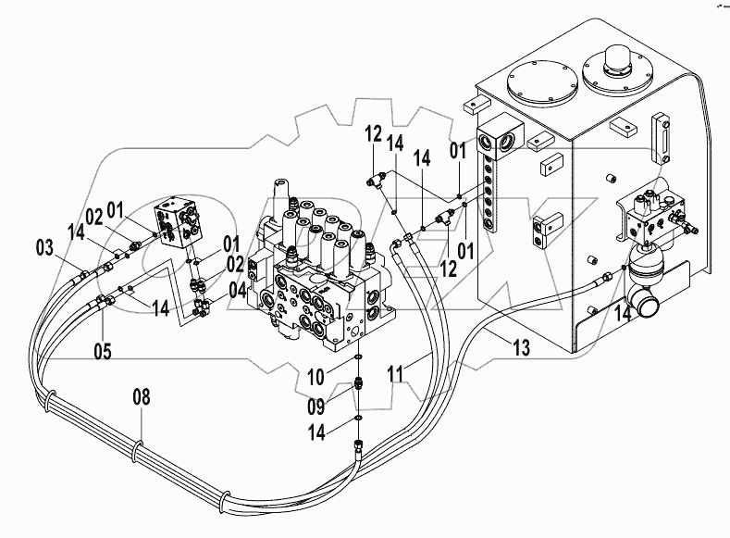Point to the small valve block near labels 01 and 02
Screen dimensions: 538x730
click(x=181, y=222)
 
